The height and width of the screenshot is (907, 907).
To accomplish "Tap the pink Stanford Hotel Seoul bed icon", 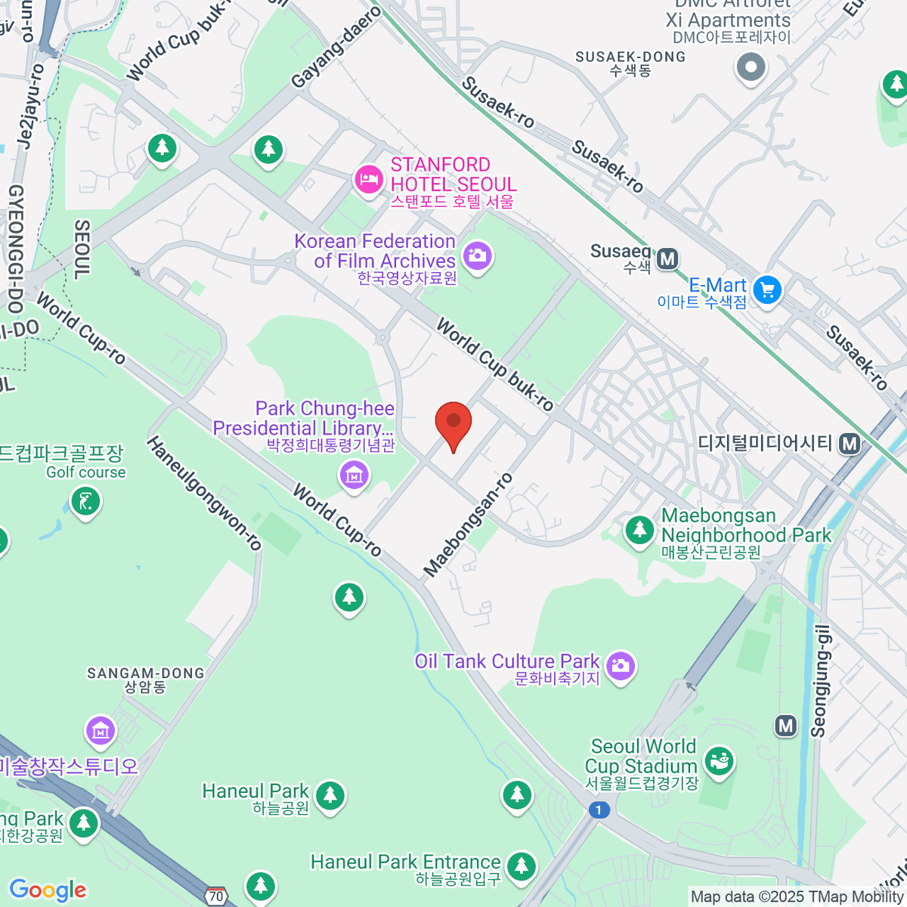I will click(x=368, y=179).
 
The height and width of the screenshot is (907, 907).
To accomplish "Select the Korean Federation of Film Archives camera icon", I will click(x=477, y=256).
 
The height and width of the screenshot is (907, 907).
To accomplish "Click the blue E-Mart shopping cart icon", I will click(x=767, y=289).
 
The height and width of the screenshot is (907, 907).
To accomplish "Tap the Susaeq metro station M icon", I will click(x=667, y=259).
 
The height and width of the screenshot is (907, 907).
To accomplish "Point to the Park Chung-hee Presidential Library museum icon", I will click(x=354, y=475).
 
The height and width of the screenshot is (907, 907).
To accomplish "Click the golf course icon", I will click(x=85, y=501).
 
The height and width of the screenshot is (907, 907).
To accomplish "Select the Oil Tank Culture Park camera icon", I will click(x=621, y=666).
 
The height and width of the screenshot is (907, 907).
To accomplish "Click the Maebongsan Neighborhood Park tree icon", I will click(x=640, y=529).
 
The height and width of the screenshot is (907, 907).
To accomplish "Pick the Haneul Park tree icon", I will click(x=330, y=796).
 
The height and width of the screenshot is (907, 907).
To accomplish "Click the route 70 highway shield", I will click(x=216, y=896).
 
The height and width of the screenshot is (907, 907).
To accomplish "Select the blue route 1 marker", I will click(x=599, y=810).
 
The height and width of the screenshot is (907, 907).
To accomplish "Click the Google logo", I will click(x=48, y=890).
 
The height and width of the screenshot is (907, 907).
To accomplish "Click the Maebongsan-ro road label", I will click(x=469, y=525).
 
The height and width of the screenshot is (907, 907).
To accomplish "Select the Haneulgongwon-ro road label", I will click(x=204, y=493).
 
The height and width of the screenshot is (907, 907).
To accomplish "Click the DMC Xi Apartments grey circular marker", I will click(x=751, y=67).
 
